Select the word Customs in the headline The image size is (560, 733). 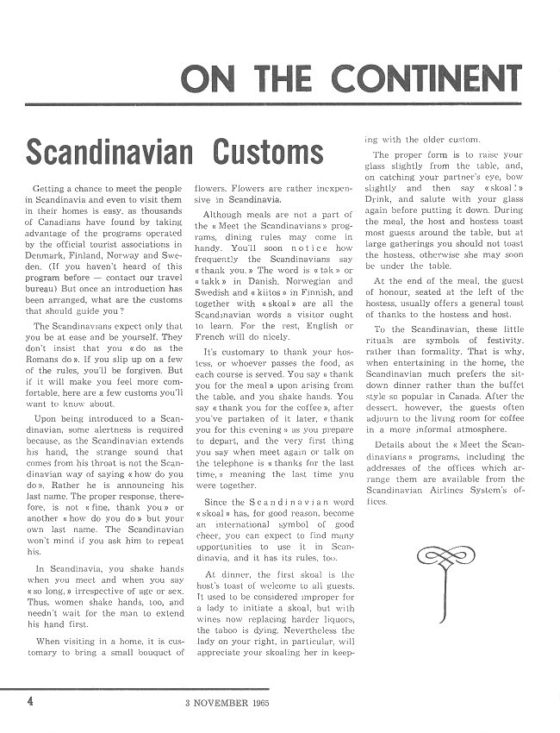click(270, 153)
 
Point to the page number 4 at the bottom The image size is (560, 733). click(31, 701)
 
